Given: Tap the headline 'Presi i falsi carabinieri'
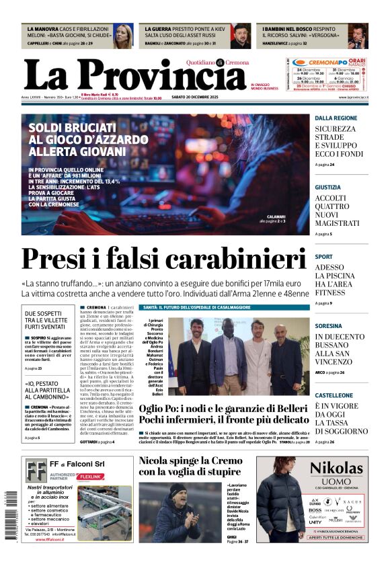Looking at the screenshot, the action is tap(164, 259).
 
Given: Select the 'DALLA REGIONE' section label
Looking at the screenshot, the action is tap(336, 118).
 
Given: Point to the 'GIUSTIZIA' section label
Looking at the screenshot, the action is tap(328, 188).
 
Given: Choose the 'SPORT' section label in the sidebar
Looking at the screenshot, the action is tap(323, 257).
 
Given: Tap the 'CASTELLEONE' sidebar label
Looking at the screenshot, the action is tap(334, 395).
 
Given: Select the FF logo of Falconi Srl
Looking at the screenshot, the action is tap(36, 470).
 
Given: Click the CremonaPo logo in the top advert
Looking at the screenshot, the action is tap(319, 62).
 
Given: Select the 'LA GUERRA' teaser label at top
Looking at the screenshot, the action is tap(160, 30).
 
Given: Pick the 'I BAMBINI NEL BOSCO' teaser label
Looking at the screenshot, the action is tap(290, 30).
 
